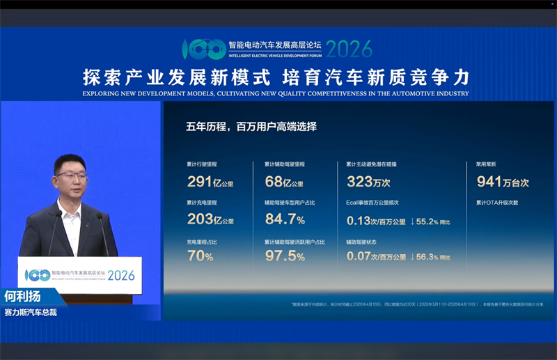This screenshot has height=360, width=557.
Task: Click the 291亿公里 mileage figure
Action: (x=210, y=182)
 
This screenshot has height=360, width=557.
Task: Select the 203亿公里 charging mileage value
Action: (x=210, y=219)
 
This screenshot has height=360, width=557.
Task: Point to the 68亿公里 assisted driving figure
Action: (x=283, y=182)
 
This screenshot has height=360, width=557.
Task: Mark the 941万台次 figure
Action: (x=503, y=182)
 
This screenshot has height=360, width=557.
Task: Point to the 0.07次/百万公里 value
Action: (x=376, y=256)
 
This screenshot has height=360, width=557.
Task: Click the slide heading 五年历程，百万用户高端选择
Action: (x=251, y=127)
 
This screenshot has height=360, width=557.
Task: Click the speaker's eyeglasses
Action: (x=70, y=175)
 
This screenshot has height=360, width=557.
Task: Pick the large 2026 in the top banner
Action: (x=349, y=49)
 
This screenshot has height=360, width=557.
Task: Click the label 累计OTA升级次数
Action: (x=497, y=203)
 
